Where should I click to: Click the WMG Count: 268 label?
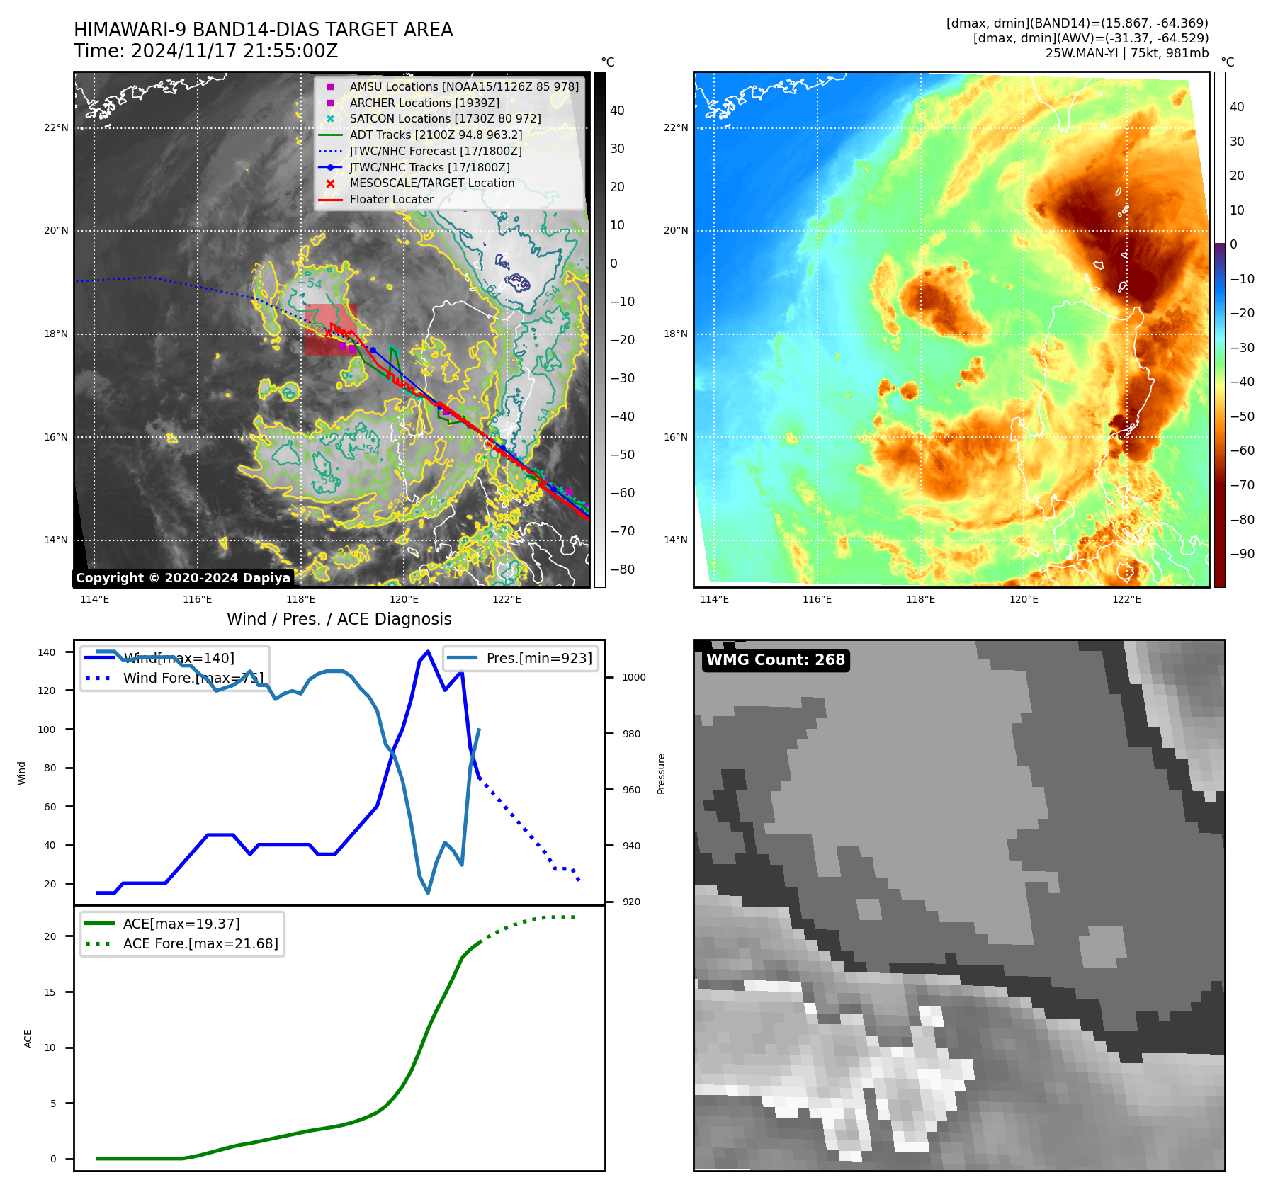775,660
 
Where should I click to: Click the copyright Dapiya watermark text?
183,578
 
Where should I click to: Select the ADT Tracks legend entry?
436,135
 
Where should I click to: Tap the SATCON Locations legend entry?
445,118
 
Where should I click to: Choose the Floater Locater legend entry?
391,199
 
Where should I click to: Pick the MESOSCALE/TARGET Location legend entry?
431,183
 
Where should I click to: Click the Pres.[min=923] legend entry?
538,658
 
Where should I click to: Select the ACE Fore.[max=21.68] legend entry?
200,943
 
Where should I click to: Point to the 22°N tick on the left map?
56,128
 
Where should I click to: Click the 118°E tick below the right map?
920,599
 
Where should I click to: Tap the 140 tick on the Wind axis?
47,652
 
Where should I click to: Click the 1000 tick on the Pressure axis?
634,677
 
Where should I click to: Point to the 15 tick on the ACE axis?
50,992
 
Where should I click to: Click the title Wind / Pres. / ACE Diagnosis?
339,619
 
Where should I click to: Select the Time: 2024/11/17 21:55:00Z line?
205,51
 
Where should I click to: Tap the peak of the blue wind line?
428,652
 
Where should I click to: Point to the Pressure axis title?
661,773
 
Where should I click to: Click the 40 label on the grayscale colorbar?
617,110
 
